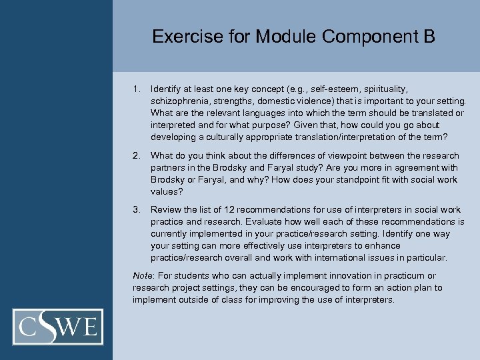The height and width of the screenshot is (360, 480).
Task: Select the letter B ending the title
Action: [x=429, y=36]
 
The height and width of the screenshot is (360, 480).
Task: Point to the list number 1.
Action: [x=136, y=88]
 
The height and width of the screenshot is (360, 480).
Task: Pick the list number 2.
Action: [x=136, y=155]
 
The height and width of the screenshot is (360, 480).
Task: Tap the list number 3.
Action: [x=136, y=209]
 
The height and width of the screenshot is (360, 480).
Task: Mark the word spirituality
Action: [x=383, y=88]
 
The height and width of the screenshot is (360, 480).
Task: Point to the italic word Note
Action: [x=142, y=275]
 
